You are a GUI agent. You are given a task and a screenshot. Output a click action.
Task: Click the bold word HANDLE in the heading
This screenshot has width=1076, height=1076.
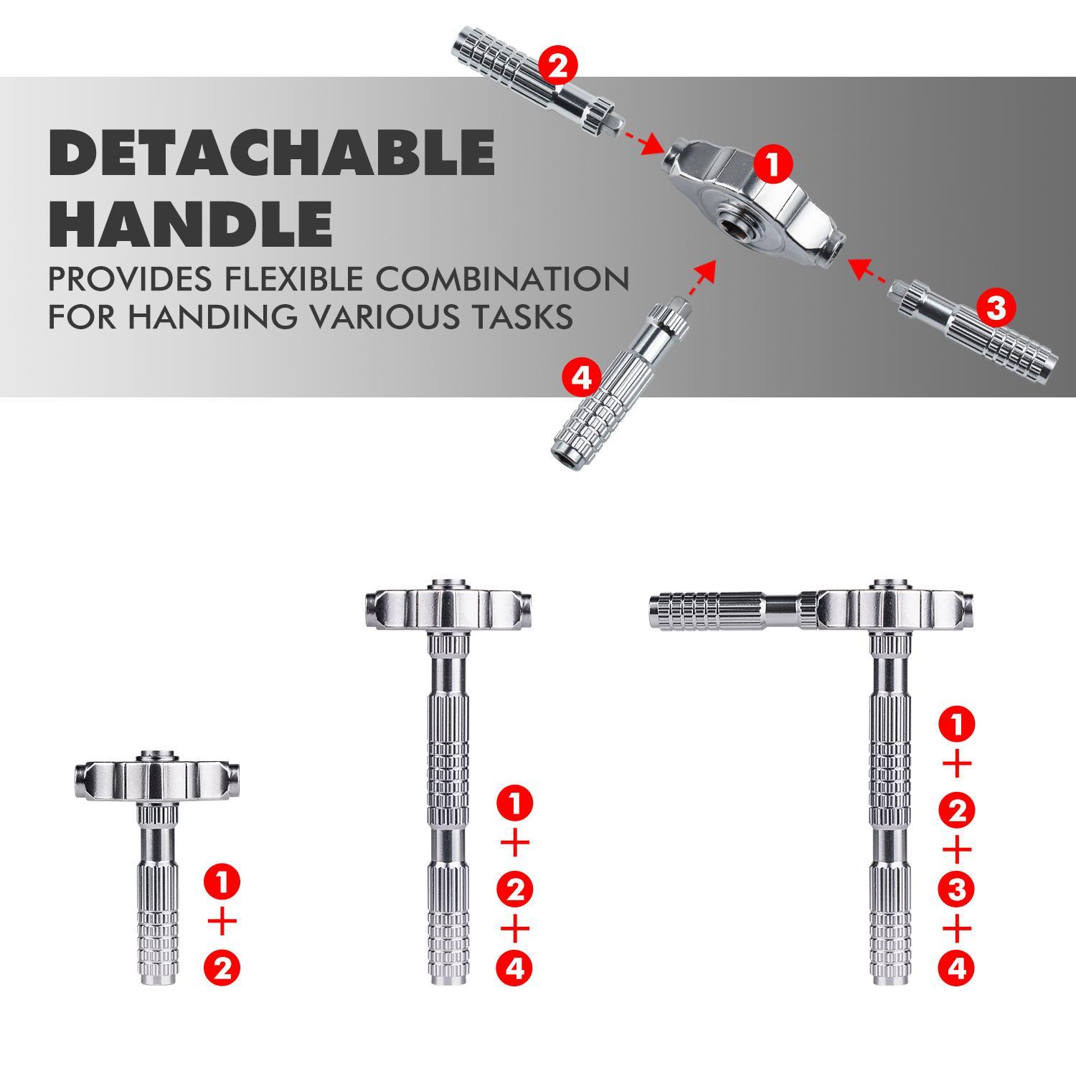[190, 224]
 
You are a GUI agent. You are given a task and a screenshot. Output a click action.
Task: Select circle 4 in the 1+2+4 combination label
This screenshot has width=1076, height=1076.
[515, 969]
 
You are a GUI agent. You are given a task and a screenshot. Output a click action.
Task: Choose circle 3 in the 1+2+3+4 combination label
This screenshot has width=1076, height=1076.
[956, 889]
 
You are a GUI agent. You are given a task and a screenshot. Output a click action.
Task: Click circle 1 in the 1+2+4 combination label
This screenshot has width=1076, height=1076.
[515, 803]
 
